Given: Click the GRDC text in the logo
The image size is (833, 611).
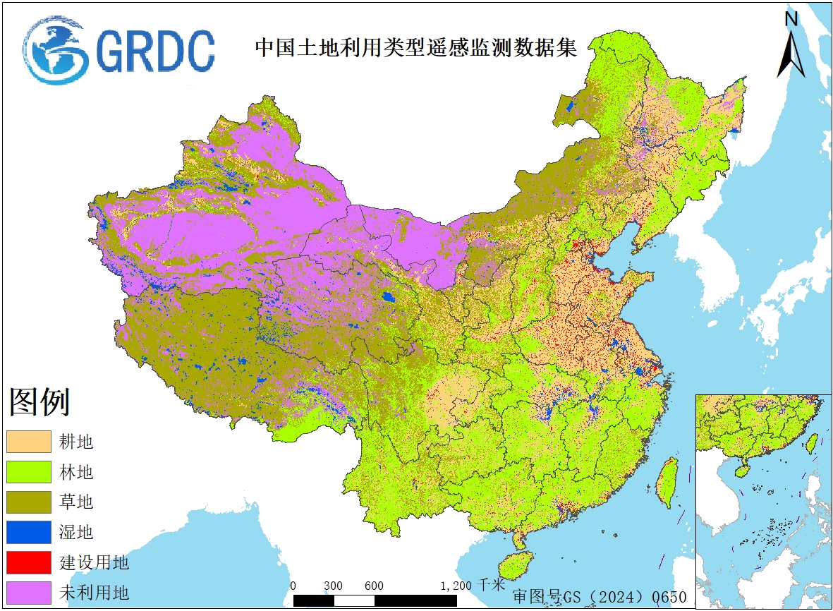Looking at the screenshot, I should pos(155,50).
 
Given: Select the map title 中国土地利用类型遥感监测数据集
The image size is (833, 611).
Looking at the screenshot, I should pos(416,47).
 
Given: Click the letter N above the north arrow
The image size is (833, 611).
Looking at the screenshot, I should pos(791,19).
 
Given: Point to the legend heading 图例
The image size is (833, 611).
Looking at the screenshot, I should pos(39,402).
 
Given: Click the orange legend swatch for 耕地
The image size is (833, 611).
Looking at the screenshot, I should pos(29,442).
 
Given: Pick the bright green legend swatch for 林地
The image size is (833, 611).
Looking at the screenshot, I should pos(29,472).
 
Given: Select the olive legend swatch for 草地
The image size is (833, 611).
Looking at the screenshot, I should pos(29,502).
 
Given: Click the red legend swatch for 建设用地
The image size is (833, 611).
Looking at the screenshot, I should pos(29,562).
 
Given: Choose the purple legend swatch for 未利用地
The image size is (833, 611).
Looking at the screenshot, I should pos(29,593).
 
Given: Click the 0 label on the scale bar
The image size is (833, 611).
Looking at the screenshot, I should pos(293,586).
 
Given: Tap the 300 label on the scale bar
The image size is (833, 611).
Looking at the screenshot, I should pos(334,586).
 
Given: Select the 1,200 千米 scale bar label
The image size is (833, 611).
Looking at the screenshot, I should pos(473,586).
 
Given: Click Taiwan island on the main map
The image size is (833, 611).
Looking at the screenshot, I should pos(664,482).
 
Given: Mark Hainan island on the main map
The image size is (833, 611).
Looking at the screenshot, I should pos(516,565).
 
